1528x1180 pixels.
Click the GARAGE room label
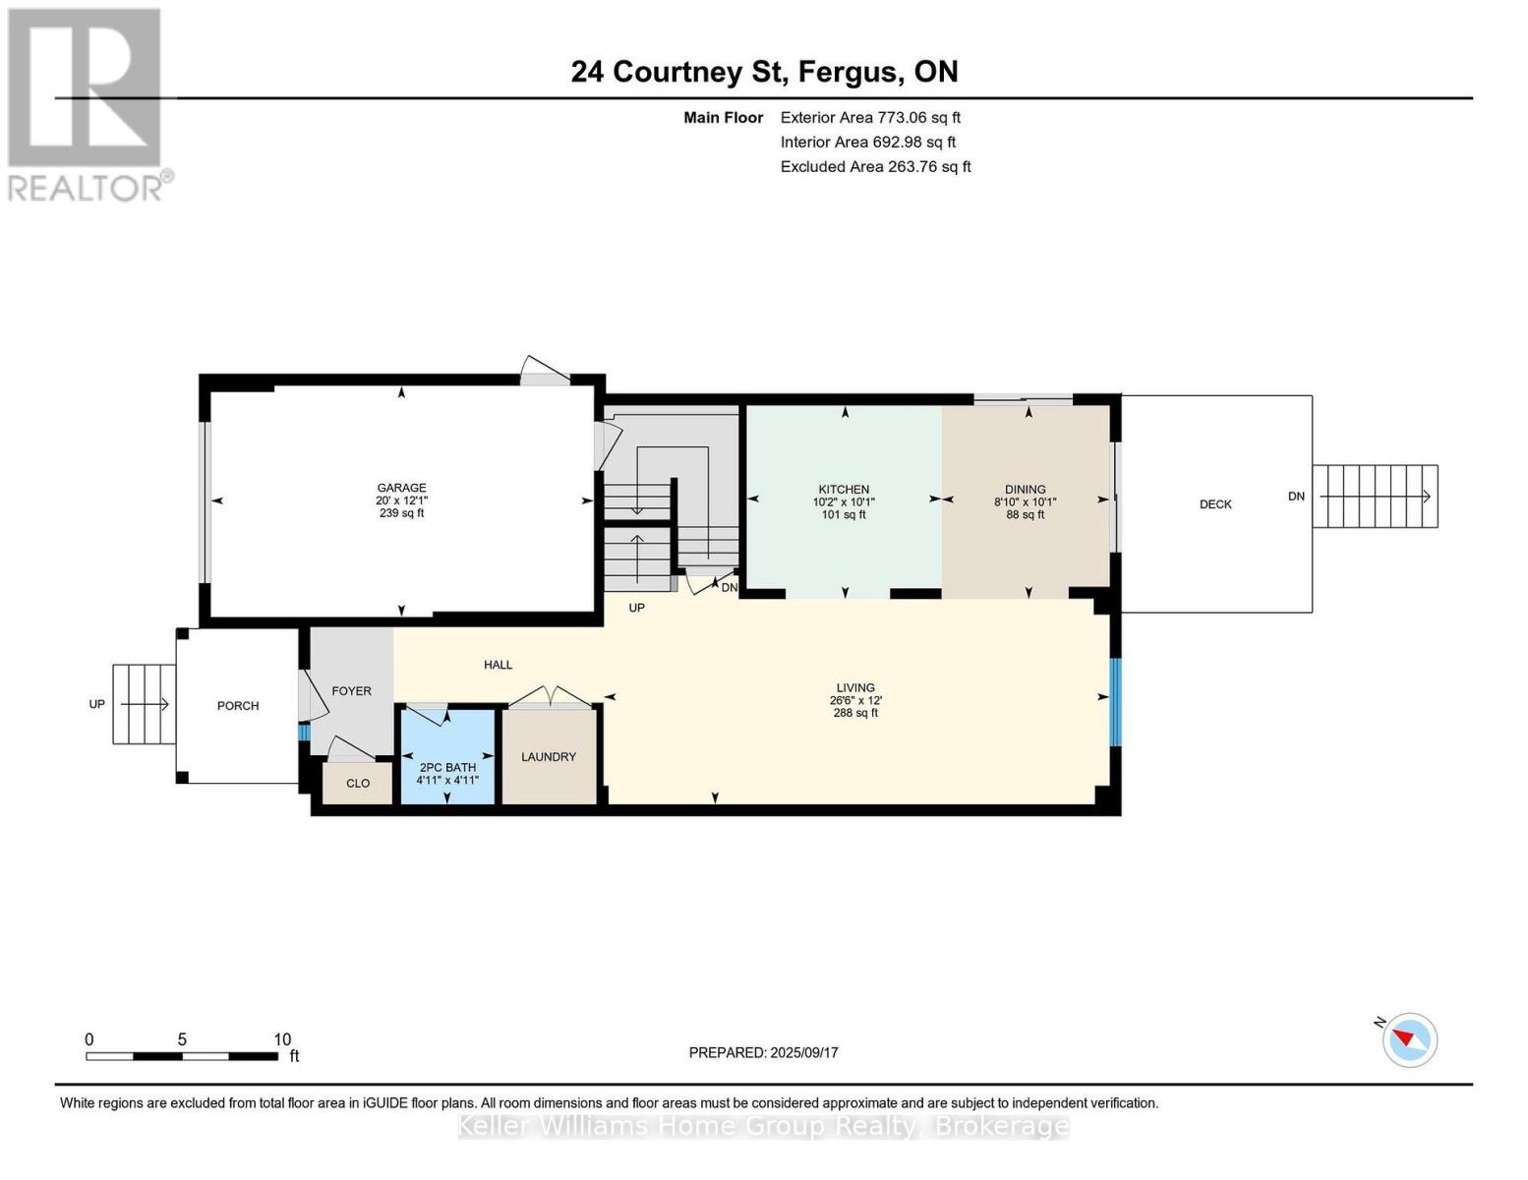click(401, 488)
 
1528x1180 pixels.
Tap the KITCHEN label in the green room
click(844, 490)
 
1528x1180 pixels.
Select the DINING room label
click(1025, 490)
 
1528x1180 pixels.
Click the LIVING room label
click(855, 688)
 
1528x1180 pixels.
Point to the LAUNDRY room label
click(549, 757)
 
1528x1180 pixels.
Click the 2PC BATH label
click(447, 768)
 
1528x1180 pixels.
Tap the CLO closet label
click(358, 784)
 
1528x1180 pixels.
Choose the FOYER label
click(351, 691)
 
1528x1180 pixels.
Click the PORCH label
click(238, 706)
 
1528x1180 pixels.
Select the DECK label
click(1215, 504)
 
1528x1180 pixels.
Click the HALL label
click(498, 665)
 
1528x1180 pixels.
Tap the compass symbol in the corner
click(1410, 1039)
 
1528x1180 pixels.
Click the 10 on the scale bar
click(282, 1039)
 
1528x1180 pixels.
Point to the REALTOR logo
click(87, 103)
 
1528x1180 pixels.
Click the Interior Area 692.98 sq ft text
click(867, 143)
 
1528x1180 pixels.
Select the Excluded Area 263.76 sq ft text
click(875, 167)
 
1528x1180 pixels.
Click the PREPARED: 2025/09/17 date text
click(763, 1053)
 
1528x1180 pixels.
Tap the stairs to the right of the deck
click(1375, 497)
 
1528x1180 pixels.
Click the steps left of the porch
click(144, 704)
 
